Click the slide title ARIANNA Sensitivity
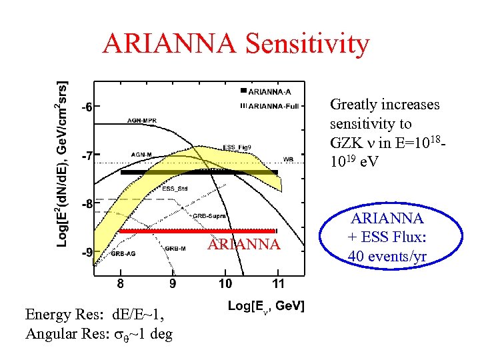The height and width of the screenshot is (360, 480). [235, 44]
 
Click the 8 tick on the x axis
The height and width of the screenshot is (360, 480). [120, 284]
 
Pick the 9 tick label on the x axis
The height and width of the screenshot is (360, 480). [173, 284]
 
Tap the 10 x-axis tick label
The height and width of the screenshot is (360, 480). [225, 284]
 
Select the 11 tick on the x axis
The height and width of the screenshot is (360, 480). [278, 284]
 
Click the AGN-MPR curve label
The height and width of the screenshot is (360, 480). [143, 121]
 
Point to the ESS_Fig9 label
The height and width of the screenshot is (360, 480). [237, 147]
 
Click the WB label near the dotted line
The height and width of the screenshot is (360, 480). [288, 159]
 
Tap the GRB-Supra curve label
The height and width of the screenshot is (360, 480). [207, 216]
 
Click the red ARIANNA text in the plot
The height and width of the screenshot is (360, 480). [244, 245]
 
